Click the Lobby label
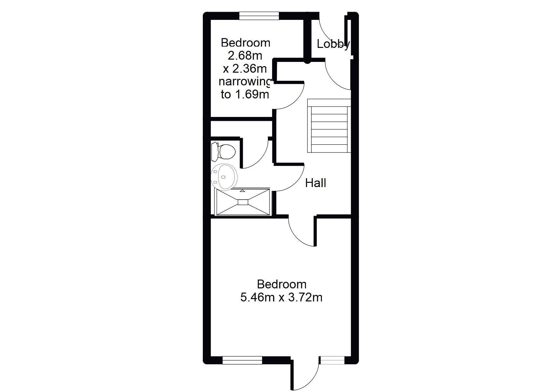pos(333,44)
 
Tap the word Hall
pos(315,183)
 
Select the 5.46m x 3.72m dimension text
pos(281,297)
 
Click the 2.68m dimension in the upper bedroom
pos(245,56)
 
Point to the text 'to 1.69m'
pos(245,94)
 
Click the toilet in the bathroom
pos(223,151)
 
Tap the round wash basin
pos(224,177)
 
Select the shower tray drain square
pos(243,202)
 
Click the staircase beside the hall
pos(329,125)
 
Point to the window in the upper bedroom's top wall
pos(259,16)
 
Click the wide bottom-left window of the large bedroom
pos(242,360)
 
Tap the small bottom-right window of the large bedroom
pos(332,360)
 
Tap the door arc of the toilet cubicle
pos(262,160)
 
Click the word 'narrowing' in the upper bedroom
pos(245,82)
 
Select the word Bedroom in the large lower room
pos(282,284)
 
